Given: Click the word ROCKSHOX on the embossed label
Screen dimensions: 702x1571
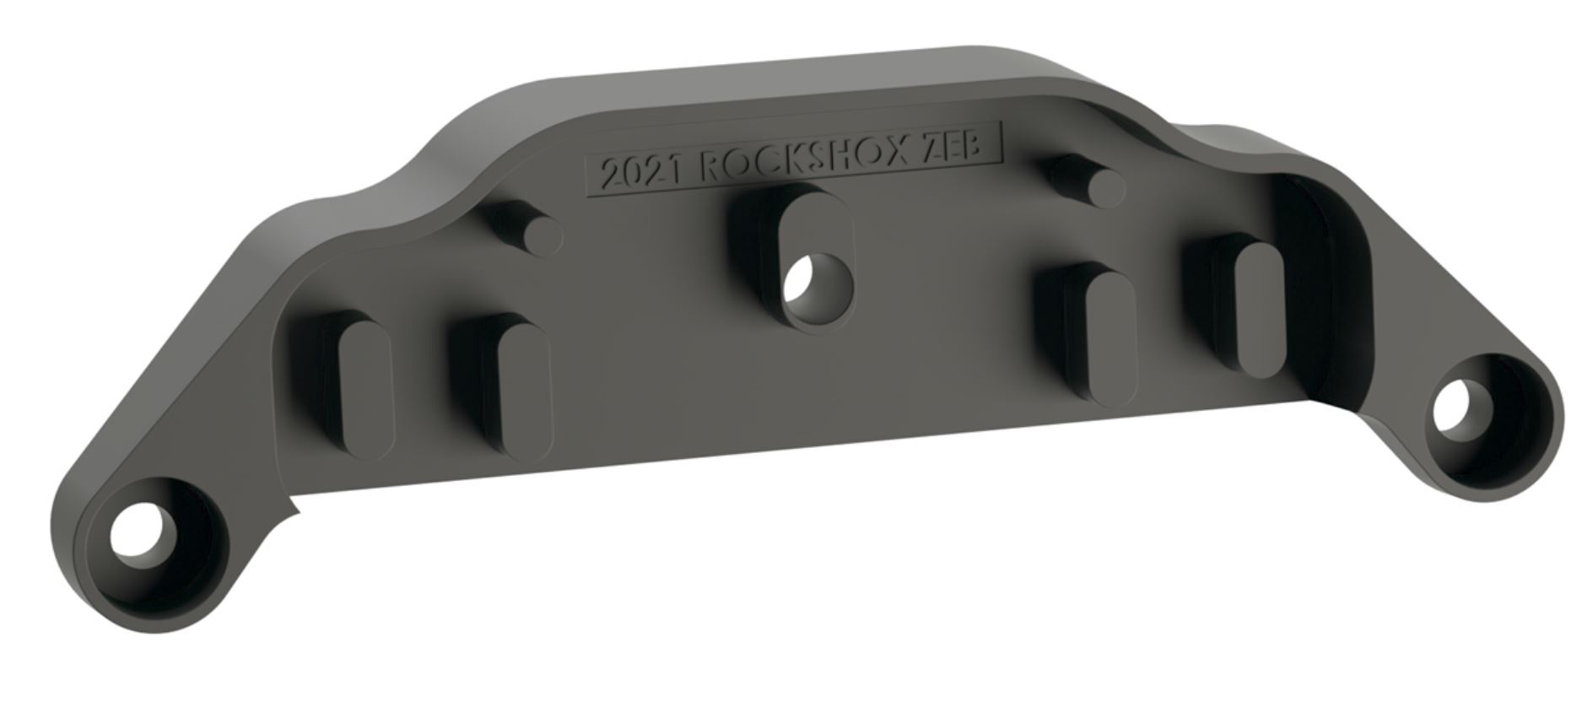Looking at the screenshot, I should tap(805, 165).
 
